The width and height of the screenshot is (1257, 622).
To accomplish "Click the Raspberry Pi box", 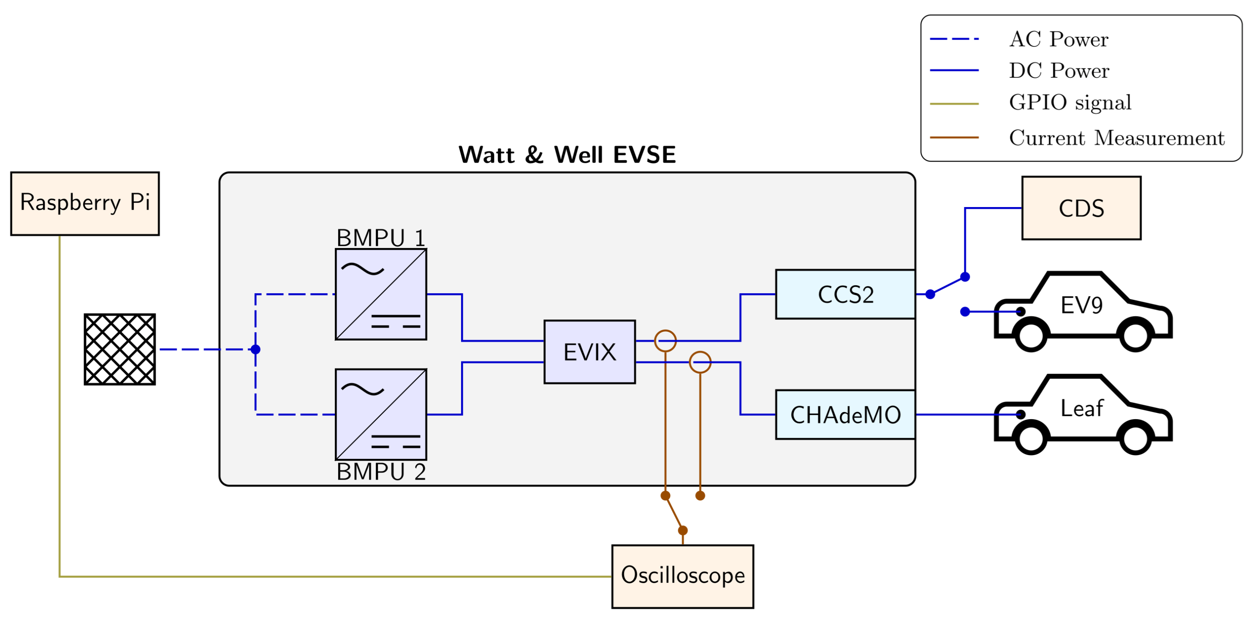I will click(x=85, y=204).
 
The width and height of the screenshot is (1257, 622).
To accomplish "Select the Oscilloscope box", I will click(x=682, y=576).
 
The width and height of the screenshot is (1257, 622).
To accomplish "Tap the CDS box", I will click(x=1081, y=208).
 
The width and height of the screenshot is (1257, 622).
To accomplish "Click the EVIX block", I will click(x=589, y=352).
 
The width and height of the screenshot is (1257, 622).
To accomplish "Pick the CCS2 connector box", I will click(x=845, y=295).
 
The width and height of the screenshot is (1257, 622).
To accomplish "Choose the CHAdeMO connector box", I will click(x=845, y=415).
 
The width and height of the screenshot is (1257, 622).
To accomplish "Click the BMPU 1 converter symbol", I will click(x=380, y=295).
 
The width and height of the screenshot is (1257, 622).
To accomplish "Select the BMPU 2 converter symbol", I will click(x=380, y=415).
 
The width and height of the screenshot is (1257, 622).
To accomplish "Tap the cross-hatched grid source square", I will click(x=119, y=349).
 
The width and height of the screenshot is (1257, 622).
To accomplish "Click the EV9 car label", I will click(x=1081, y=306).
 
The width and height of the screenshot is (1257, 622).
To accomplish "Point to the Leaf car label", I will click(x=1081, y=408).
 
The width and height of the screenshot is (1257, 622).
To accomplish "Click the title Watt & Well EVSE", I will click(x=567, y=155).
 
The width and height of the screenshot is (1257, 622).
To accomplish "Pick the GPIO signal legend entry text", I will click(x=1070, y=103).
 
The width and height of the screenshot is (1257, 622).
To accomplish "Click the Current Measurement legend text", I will click(x=1116, y=138).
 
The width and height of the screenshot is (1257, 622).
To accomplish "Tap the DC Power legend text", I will click(x=1059, y=71).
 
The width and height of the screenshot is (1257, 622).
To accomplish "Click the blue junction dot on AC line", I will click(x=255, y=349).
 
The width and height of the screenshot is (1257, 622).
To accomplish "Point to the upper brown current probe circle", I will click(x=665, y=341).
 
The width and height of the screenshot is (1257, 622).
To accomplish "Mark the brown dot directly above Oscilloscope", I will click(x=683, y=530).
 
